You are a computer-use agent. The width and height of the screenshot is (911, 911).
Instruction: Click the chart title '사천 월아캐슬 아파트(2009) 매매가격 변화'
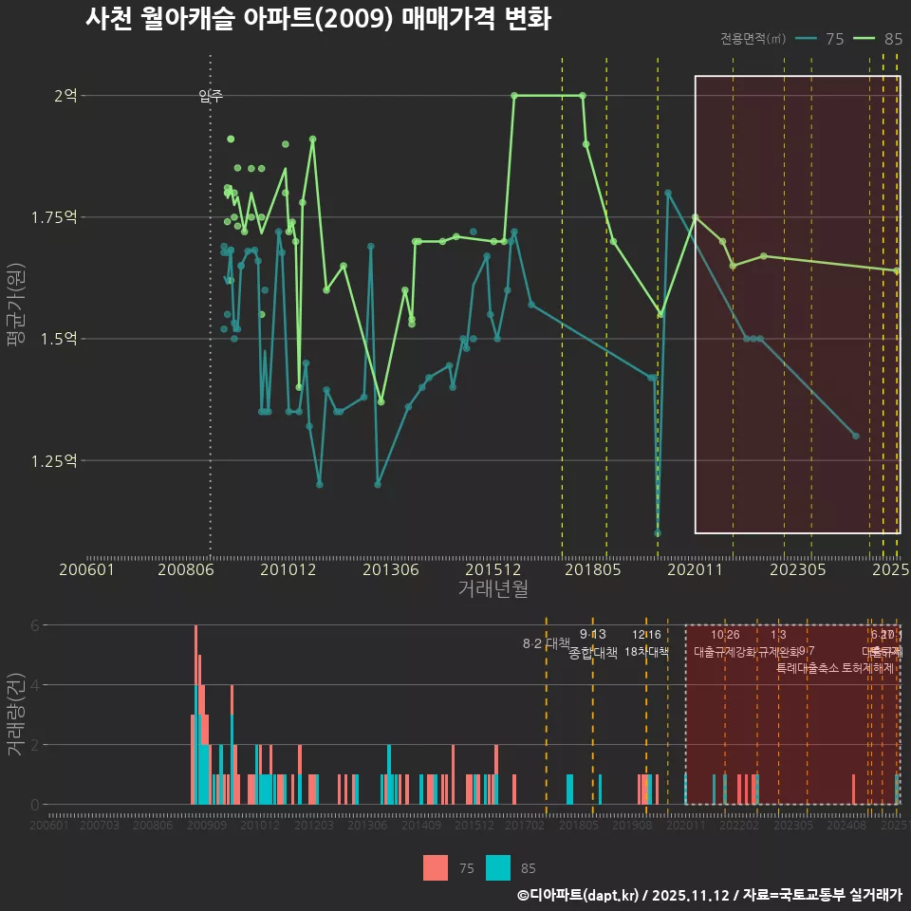click(x=318, y=19)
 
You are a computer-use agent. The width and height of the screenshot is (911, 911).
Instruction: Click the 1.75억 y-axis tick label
click(x=57, y=217)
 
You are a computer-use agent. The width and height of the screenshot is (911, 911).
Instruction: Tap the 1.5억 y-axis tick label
click(x=62, y=339)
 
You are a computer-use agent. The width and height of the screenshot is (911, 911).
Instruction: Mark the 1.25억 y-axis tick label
click(x=57, y=460)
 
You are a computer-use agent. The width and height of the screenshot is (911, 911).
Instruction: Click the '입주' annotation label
click(x=211, y=96)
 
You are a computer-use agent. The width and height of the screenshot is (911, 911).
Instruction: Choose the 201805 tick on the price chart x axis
click(x=606, y=569)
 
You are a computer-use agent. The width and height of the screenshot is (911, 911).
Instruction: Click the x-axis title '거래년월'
click(x=493, y=589)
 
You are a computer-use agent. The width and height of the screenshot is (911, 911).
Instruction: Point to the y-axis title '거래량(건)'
click(x=16, y=715)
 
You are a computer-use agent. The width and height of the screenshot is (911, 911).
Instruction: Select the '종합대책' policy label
click(x=592, y=653)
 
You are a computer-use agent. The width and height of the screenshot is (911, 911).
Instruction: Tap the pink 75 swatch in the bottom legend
click(x=436, y=867)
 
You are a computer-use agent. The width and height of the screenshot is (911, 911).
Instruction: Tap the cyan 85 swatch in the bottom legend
click(x=498, y=867)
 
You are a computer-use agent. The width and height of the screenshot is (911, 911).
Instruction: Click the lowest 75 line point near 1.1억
click(x=658, y=533)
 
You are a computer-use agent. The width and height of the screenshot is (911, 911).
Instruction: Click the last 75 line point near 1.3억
click(x=856, y=436)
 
